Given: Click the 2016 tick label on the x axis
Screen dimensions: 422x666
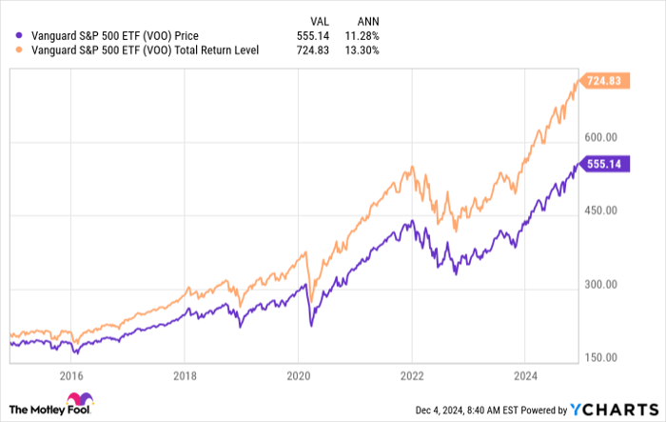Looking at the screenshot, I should pos(72,376).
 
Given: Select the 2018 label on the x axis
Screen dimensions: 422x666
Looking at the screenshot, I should pos(185,376).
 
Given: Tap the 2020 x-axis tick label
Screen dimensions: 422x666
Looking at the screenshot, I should pos(298,376).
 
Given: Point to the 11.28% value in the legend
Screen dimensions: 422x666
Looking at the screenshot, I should pos(361,36).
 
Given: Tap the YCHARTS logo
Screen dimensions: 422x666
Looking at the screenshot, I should pos(614,410).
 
